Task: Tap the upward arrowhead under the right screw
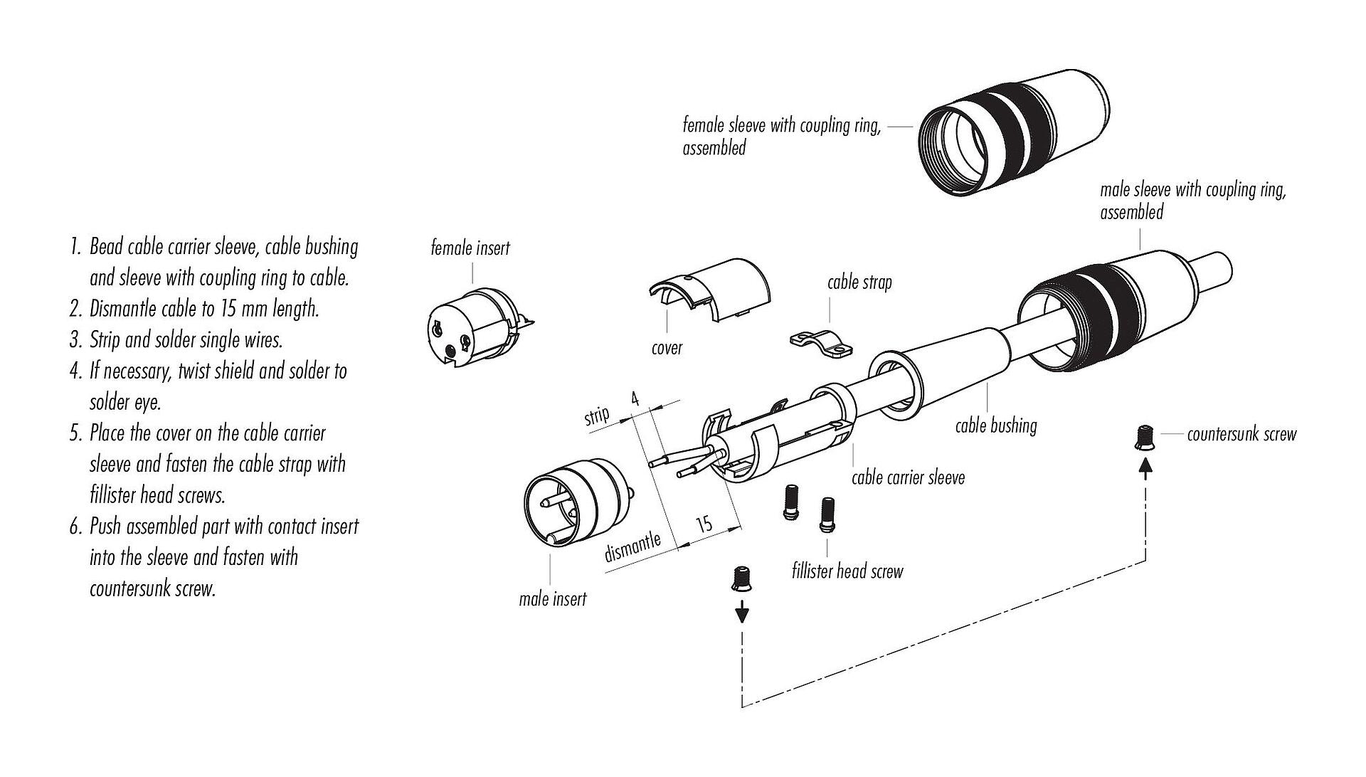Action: (x=1145, y=467)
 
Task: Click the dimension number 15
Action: (x=704, y=525)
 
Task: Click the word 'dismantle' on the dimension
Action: (x=632, y=548)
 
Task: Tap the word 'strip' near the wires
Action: (x=597, y=415)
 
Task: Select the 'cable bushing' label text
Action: (x=995, y=425)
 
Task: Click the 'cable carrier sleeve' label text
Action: (x=908, y=477)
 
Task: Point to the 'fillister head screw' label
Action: (x=847, y=571)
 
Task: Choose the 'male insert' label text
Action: (x=553, y=599)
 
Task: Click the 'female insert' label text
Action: (x=470, y=248)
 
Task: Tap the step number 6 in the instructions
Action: (x=75, y=527)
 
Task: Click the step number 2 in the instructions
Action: (x=75, y=309)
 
